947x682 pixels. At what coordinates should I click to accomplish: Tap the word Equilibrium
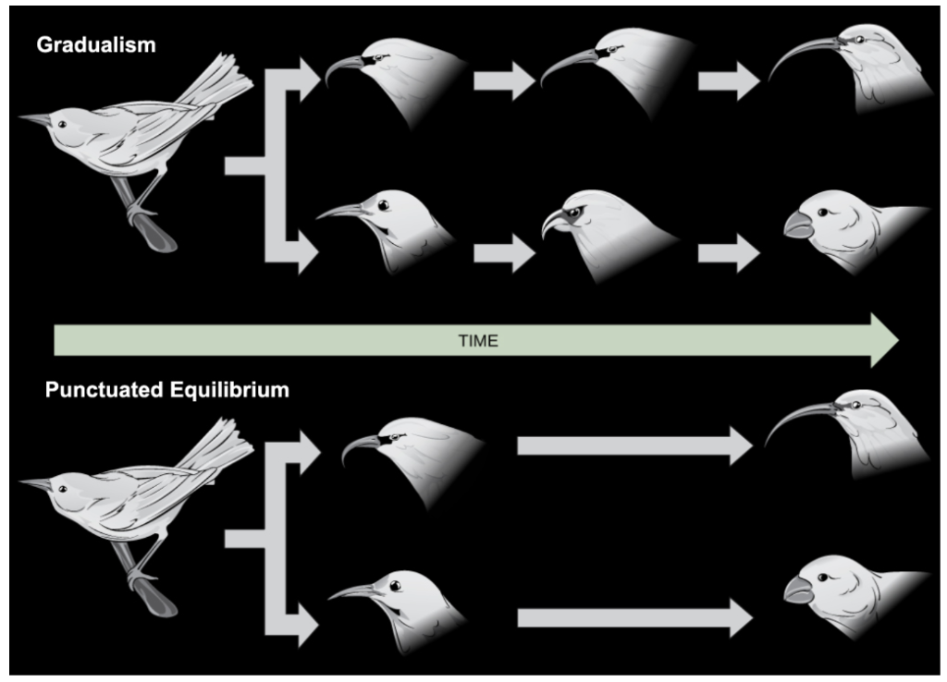pos(233,390)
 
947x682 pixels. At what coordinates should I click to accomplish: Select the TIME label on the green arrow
pos(478,341)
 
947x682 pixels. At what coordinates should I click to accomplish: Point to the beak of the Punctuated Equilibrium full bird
pos(37,483)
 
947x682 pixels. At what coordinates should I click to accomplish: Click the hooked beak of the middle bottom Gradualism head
pos(552,222)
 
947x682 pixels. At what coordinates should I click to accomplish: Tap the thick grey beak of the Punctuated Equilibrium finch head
pos(797,588)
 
